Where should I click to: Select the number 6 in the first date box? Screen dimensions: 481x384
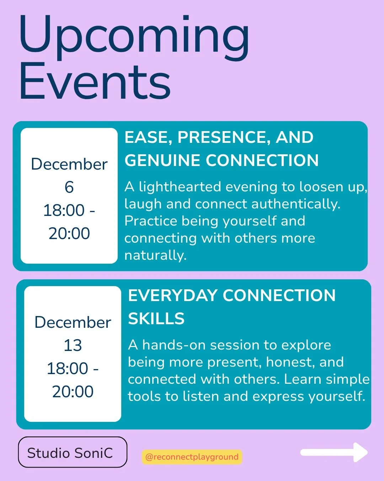pos(69,187)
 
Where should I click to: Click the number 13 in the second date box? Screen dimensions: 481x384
pos(73,345)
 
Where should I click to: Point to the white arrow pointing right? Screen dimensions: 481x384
pos(334,452)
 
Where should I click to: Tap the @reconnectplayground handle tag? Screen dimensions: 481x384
pos(192,457)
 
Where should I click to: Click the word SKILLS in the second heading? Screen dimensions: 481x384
pos(156,319)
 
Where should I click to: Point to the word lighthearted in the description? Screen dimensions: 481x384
pos(180,187)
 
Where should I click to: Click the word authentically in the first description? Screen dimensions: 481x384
pos(296,204)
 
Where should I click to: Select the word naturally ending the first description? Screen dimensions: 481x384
pos(155,255)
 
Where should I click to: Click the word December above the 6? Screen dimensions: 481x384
pos(69,164)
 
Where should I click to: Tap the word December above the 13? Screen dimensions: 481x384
pos(73,322)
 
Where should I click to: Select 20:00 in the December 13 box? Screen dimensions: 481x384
pos(73,392)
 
